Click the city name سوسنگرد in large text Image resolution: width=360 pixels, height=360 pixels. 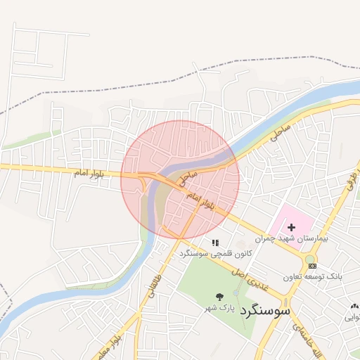264,310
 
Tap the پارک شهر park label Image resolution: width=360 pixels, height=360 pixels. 218,308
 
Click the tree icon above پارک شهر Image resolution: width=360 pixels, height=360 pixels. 219,296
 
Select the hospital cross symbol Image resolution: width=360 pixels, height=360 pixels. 291,227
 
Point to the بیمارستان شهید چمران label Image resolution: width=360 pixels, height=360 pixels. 302,239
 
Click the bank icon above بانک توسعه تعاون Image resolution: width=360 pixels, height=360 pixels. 312,266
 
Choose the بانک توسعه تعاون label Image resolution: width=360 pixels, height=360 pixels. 312,277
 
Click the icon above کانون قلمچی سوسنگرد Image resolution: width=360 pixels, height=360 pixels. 214,243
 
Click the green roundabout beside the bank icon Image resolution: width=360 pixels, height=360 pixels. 309,259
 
